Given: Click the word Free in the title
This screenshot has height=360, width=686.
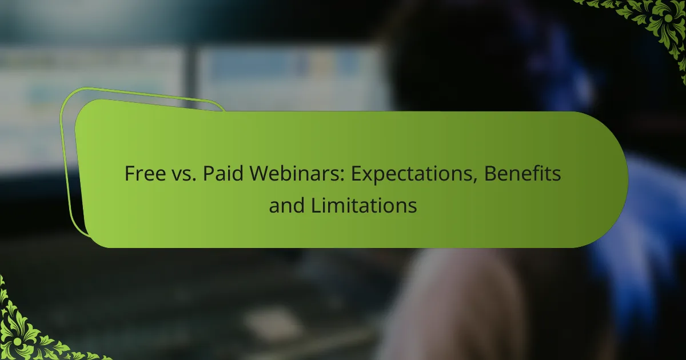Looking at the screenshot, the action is click(x=145, y=173).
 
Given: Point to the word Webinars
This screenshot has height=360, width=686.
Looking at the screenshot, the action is click(x=297, y=173).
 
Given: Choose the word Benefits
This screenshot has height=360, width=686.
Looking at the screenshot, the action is click(x=523, y=173).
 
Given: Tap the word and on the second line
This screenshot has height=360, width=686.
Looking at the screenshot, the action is click(x=286, y=205).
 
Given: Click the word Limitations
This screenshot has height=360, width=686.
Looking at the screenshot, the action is click(x=364, y=205).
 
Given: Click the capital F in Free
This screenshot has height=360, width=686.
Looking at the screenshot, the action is click(x=130, y=174).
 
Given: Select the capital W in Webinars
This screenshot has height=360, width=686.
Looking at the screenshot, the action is click(x=260, y=174).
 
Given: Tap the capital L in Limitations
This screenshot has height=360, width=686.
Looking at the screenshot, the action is click(x=316, y=205).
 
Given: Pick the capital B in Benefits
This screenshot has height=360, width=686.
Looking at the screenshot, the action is click(x=490, y=174).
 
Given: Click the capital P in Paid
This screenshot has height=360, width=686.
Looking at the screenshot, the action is click(x=209, y=174).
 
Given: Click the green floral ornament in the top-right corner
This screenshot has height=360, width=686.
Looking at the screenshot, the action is click(x=659, y=22).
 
